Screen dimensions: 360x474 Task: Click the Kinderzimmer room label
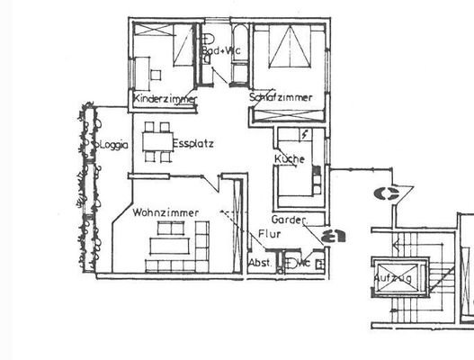coord(165,98)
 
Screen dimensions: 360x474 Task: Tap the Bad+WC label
coord(220,50)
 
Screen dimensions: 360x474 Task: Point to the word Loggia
coord(113,144)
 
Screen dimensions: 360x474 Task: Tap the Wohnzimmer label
coord(165,212)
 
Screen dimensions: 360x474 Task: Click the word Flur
coord(269,234)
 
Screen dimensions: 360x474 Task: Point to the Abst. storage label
coord(259,263)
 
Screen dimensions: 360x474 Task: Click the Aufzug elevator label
coord(393,279)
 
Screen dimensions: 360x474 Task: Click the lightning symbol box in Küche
coord(305,134)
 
